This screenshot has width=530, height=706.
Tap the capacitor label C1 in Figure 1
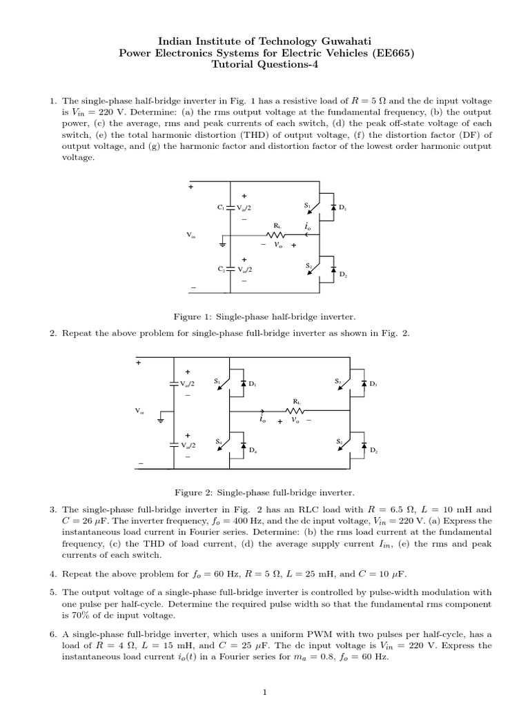click(x=220, y=206)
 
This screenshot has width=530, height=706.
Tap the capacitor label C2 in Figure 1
click(x=220, y=270)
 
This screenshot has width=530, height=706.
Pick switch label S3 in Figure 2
click(x=338, y=381)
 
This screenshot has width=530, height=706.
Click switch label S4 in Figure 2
click(x=218, y=441)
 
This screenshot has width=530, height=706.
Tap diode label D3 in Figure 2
click(x=373, y=383)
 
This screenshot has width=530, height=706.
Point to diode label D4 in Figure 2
click(x=253, y=450)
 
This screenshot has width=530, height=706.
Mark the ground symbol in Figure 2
click(x=161, y=418)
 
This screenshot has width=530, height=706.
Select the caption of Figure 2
click(x=264, y=493)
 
